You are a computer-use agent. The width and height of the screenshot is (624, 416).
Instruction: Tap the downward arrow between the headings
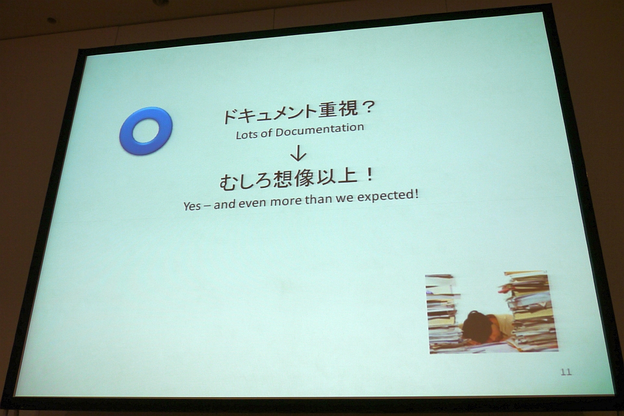coord(298,153)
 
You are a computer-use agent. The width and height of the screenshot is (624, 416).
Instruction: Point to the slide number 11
coord(566,372)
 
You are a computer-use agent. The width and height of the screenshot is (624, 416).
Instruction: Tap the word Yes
coord(192,206)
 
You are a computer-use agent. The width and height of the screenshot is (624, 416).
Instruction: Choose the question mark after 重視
coord(367,107)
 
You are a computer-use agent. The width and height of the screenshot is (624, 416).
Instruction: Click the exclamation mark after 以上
coord(369,174)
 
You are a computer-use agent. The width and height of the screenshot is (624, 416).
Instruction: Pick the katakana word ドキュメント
coord(269,113)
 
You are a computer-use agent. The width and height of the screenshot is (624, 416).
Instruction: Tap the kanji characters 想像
coord(293,179)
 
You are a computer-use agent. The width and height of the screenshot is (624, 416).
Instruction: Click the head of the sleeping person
coord(476,325)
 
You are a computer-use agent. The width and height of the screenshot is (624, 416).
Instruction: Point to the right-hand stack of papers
coord(528,311)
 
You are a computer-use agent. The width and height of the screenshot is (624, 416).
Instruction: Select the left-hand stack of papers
coord(443,313)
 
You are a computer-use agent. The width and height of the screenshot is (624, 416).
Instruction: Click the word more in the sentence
coord(287,201)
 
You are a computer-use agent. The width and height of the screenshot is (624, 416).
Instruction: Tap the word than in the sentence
coord(318,199)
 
